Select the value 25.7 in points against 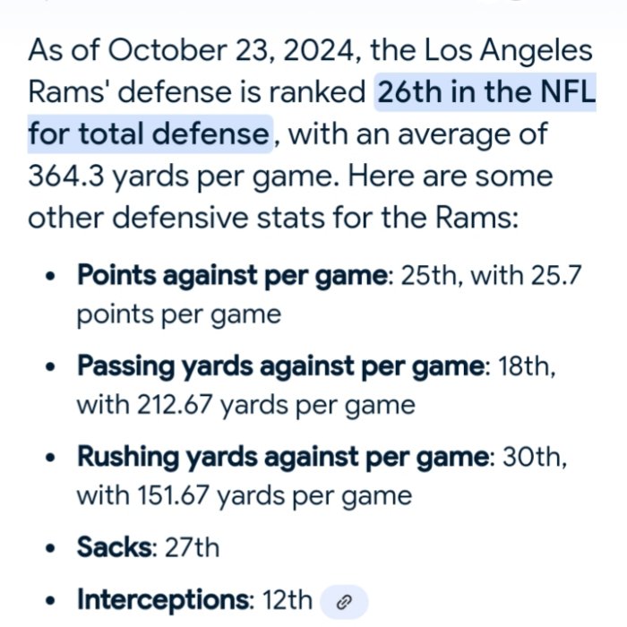pos(557,275)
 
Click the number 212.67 pos(174,405)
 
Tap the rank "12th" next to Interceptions pos(288,599)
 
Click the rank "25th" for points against pos(427,275)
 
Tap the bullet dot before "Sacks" pos(51,547)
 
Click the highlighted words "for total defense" pos(149,134)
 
